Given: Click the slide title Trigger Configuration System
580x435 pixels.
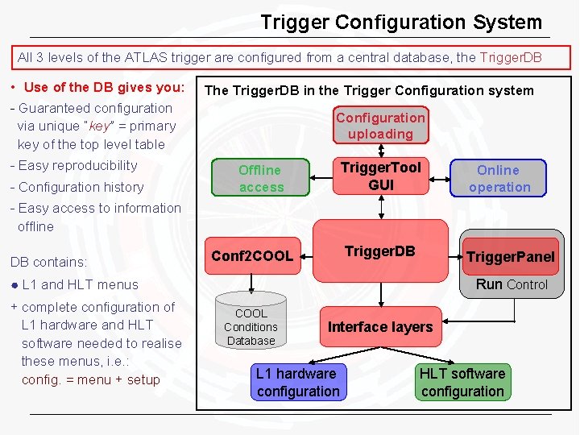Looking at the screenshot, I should [x=400, y=22].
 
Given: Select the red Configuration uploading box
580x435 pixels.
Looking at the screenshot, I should [x=380, y=126].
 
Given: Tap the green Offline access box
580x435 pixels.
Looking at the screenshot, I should [x=260, y=178].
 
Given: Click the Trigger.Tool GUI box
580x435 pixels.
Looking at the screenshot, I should [x=380, y=176].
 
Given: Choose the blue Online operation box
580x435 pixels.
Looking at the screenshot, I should [x=499, y=178].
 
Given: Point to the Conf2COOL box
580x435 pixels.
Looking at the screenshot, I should [x=251, y=255].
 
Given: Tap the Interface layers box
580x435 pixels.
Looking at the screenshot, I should [x=379, y=326].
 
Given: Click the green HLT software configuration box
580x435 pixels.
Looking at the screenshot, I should [x=462, y=383].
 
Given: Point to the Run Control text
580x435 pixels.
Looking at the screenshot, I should [x=512, y=284].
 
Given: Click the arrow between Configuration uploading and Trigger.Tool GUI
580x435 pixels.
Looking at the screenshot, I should [x=380, y=151].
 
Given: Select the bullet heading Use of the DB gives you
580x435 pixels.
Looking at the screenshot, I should [x=104, y=87].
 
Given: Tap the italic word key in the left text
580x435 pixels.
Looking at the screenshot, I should [x=98, y=126].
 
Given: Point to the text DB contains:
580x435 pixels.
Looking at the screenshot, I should [x=48, y=262].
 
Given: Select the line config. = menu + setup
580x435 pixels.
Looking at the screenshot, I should [x=90, y=380].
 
